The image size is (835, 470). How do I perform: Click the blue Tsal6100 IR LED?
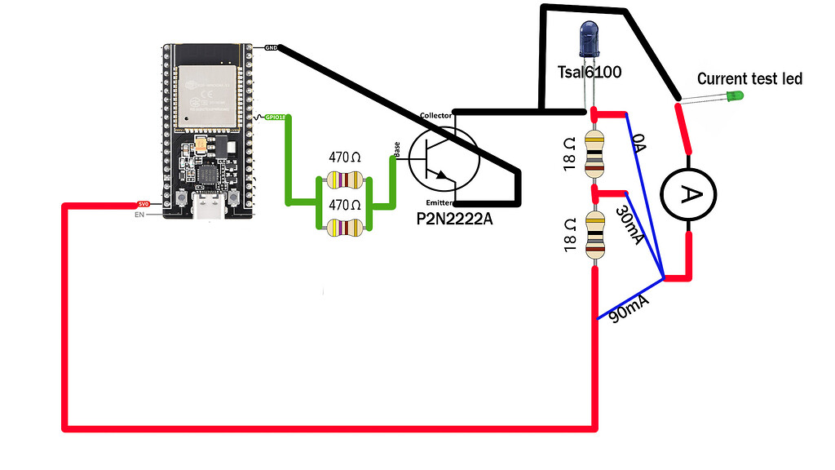tap(589, 41)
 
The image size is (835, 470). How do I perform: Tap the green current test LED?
tap(734, 95)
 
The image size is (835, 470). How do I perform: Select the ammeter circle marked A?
tap(690, 193)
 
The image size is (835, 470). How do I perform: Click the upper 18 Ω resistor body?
tap(594, 153)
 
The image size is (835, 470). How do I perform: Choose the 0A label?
tap(640, 144)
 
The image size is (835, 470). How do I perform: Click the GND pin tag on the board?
tap(272, 48)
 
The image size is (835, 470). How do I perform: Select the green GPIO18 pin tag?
tap(276, 117)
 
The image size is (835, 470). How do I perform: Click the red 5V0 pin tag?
tap(143, 204)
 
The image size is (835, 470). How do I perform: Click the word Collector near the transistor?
tap(435, 116)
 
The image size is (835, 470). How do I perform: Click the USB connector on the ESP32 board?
tap(210, 207)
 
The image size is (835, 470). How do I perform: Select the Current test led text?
tap(749, 78)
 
